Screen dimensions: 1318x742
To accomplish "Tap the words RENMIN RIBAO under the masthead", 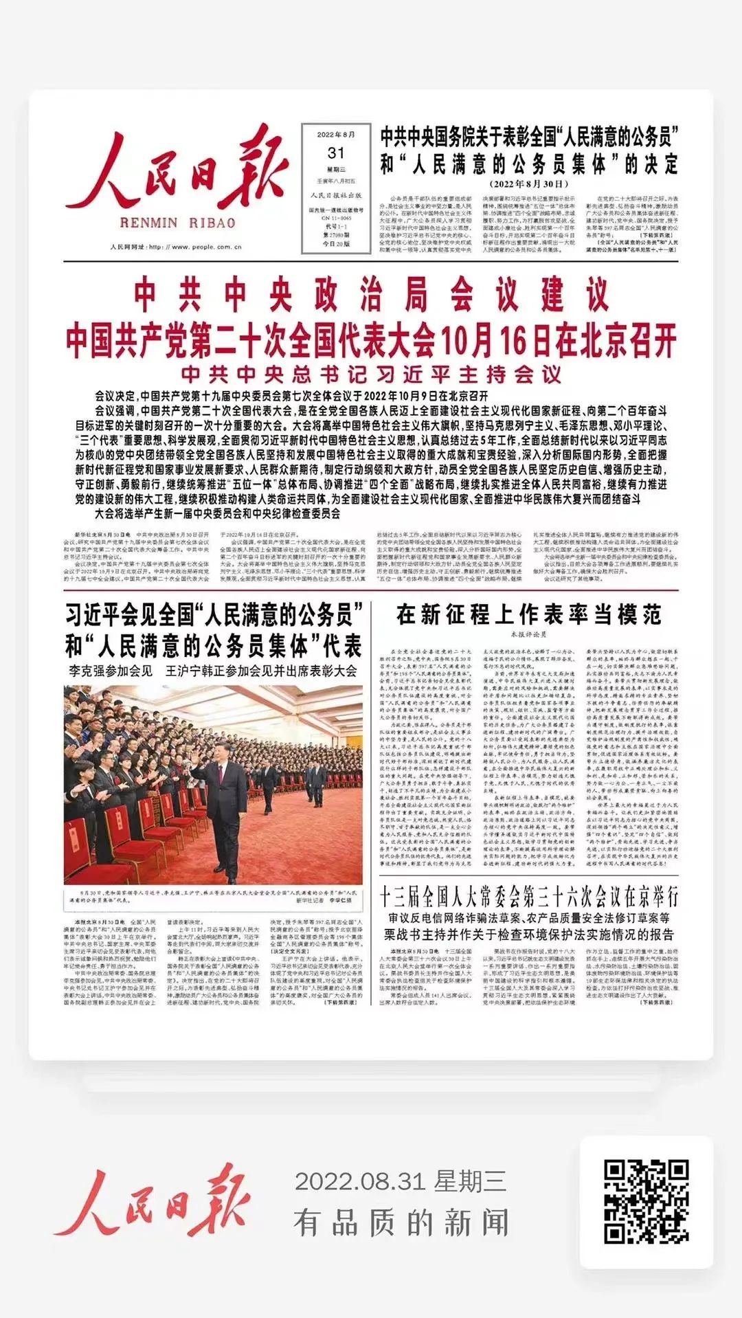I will pos(177,223).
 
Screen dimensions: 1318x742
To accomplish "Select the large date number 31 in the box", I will pos(336,153).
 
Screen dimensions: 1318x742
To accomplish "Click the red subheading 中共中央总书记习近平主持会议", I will pos(371,375).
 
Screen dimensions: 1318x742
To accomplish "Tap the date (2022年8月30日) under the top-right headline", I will pos(529,184).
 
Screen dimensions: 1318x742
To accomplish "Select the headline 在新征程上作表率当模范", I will pos(529,614).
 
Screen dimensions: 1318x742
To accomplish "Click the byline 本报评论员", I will pos(529,634).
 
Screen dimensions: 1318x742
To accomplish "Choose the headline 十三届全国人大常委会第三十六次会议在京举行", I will pos(529,897).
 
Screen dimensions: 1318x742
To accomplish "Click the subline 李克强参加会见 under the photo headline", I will pos(111,671).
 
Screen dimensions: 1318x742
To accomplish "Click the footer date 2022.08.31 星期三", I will pos(401,1181).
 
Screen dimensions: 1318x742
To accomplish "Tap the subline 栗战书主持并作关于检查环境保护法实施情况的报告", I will pos(529,935).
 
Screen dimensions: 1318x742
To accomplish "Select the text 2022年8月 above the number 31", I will pos(336,135).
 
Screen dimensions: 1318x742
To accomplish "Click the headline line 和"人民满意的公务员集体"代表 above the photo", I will pos(213,646).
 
